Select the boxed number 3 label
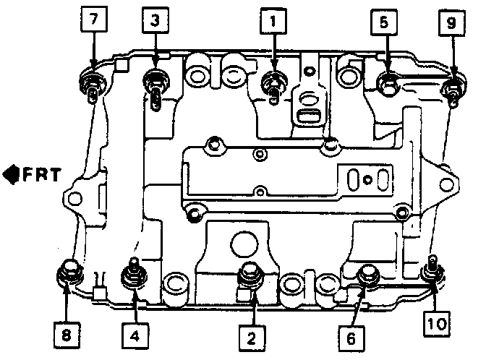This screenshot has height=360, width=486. (x=155, y=22)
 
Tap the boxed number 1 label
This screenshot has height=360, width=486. (x=273, y=22)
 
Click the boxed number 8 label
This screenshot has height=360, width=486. (x=67, y=334)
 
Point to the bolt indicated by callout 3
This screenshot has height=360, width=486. (x=155, y=80)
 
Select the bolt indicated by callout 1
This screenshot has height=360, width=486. (x=273, y=81)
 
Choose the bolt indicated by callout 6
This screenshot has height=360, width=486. (x=370, y=274)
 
